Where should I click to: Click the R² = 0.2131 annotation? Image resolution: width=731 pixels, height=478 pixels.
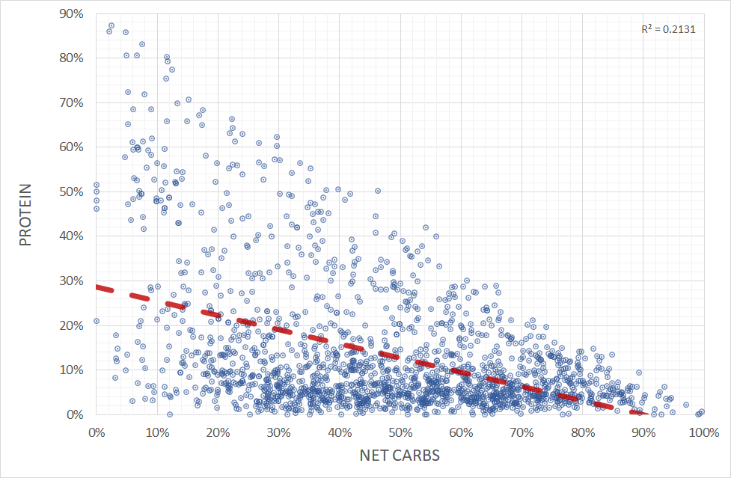[662, 30]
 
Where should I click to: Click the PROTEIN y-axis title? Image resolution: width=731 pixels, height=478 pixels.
[25, 215]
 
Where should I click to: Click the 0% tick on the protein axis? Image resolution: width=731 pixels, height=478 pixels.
[76, 414]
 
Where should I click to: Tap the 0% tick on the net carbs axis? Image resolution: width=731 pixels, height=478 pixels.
[96, 432]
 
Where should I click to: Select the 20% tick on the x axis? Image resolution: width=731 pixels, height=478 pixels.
[217, 432]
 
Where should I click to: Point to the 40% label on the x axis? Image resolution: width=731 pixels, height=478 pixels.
[339, 432]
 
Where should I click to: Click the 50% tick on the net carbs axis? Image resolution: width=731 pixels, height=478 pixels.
[400, 432]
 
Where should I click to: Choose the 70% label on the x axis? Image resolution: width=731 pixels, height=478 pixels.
[521, 432]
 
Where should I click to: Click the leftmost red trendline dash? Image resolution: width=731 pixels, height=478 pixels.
[105, 289]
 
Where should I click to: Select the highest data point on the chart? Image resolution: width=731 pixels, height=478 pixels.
[111, 25]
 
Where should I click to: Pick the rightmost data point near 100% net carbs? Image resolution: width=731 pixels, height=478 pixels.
[702, 411]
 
